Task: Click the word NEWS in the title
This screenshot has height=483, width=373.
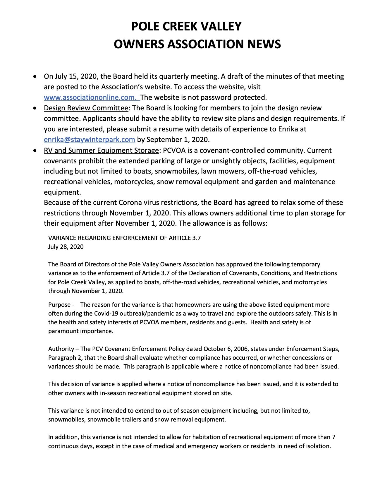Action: click(x=264, y=44)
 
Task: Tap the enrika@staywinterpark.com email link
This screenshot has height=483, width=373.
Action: click(x=89, y=139)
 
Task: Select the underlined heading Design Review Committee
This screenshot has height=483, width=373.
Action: click(x=86, y=108)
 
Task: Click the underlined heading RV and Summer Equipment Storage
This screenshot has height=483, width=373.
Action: click(x=101, y=150)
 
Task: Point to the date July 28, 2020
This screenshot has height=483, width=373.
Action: click(x=66, y=247)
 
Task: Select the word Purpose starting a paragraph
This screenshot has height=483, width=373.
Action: click(x=59, y=305)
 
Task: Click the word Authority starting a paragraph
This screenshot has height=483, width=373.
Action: click(x=61, y=349)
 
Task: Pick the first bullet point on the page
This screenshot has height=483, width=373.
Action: click(x=35, y=77)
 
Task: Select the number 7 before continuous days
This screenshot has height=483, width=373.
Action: click(x=334, y=437)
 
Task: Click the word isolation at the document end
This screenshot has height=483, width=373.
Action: click(x=319, y=446)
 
